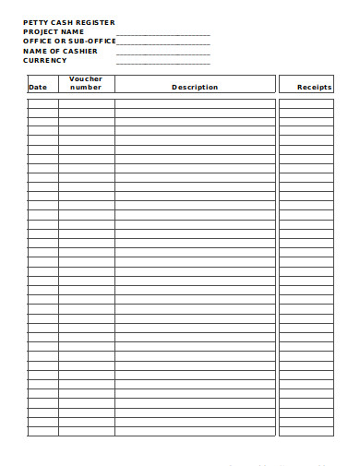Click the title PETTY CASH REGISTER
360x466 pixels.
tap(69, 22)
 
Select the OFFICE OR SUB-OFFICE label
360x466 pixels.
tap(69, 42)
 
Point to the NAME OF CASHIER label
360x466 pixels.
tap(60, 51)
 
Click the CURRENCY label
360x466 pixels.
tap(45, 60)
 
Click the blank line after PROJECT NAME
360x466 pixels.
tap(163, 34)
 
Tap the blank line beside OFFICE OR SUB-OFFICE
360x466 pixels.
tap(163, 43)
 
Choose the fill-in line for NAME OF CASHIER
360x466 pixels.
tap(163, 54)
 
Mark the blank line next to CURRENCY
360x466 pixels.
tap(163, 63)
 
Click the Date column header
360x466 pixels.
tap(38, 87)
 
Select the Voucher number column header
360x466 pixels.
tap(86, 83)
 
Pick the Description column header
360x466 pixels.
tap(195, 87)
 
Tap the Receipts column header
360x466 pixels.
tap(314, 87)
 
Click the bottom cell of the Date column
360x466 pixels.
tap(42, 431)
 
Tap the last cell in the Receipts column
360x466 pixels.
tap(306, 431)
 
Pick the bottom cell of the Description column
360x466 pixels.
tap(195, 431)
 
